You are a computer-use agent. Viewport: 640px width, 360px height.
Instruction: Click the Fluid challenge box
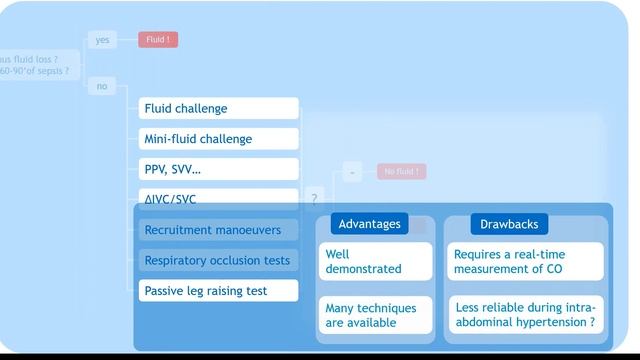click(x=218, y=108)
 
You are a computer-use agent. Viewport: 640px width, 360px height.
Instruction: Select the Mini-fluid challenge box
click(x=218, y=139)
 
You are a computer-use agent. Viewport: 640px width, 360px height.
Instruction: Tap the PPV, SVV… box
click(x=218, y=169)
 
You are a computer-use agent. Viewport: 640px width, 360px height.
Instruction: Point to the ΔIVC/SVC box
click(x=218, y=197)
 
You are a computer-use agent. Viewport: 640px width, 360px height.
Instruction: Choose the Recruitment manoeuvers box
click(x=218, y=230)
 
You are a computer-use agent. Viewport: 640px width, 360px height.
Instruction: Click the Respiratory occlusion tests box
click(x=218, y=260)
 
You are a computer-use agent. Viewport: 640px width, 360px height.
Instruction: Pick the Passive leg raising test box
click(x=218, y=291)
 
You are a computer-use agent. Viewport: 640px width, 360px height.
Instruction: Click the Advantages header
click(x=369, y=224)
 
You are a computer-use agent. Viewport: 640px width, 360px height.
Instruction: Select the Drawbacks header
click(x=509, y=224)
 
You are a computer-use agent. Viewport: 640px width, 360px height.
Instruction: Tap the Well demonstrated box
click(x=375, y=261)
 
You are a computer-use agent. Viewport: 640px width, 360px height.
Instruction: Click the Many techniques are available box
click(x=375, y=315)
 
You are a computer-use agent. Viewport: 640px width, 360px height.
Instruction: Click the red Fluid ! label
click(x=158, y=40)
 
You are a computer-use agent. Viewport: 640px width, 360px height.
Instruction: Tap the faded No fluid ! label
click(x=401, y=172)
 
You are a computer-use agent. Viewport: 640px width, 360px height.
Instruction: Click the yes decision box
click(x=102, y=40)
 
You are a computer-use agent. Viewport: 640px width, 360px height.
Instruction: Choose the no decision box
click(x=102, y=87)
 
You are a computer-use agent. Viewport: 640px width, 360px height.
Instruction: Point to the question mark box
click(x=314, y=199)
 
